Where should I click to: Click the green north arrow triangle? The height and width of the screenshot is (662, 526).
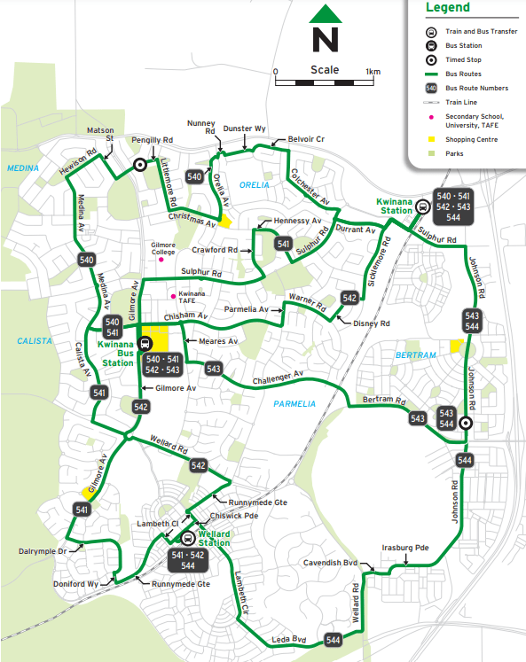[326, 15]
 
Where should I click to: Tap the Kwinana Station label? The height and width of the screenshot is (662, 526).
[394, 206]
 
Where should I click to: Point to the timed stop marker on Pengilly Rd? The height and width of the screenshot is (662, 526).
[139, 165]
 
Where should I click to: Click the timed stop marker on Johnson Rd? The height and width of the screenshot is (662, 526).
[464, 424]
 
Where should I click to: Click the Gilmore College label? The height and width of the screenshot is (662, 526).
[163, 248]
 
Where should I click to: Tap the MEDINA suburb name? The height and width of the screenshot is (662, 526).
[19, 167]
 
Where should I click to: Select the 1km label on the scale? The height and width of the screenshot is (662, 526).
[373, 72]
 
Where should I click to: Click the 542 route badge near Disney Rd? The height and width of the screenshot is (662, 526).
[349, 298]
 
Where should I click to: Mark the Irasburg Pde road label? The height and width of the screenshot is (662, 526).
[404, 548]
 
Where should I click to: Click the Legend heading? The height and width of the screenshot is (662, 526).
[448, 8]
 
